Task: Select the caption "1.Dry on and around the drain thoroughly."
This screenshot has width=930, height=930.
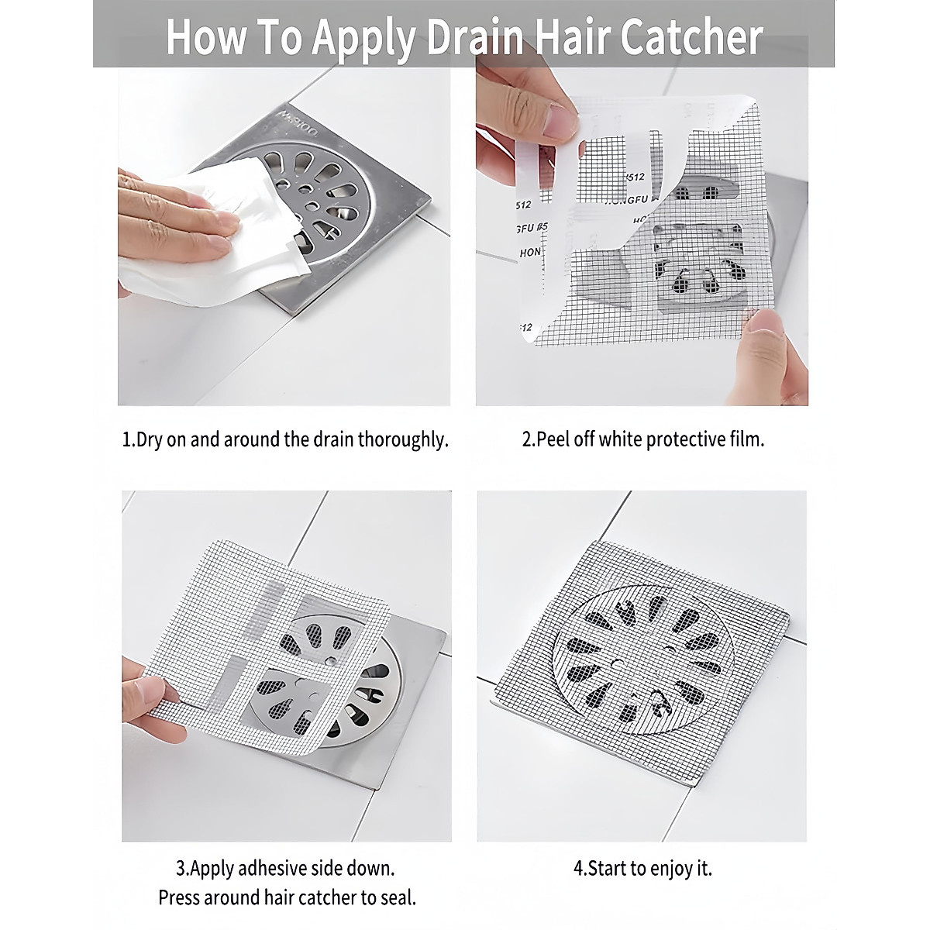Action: point(285,439)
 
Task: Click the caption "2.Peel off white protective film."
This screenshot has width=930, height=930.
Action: point(642,439)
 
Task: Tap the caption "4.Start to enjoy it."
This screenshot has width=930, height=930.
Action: point(642,868)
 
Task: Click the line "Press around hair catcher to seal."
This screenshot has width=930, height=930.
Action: point(287,897)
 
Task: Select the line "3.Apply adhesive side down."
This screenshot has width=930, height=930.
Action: point(285,868)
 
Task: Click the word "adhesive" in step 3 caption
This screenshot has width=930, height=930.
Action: point(279,868)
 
